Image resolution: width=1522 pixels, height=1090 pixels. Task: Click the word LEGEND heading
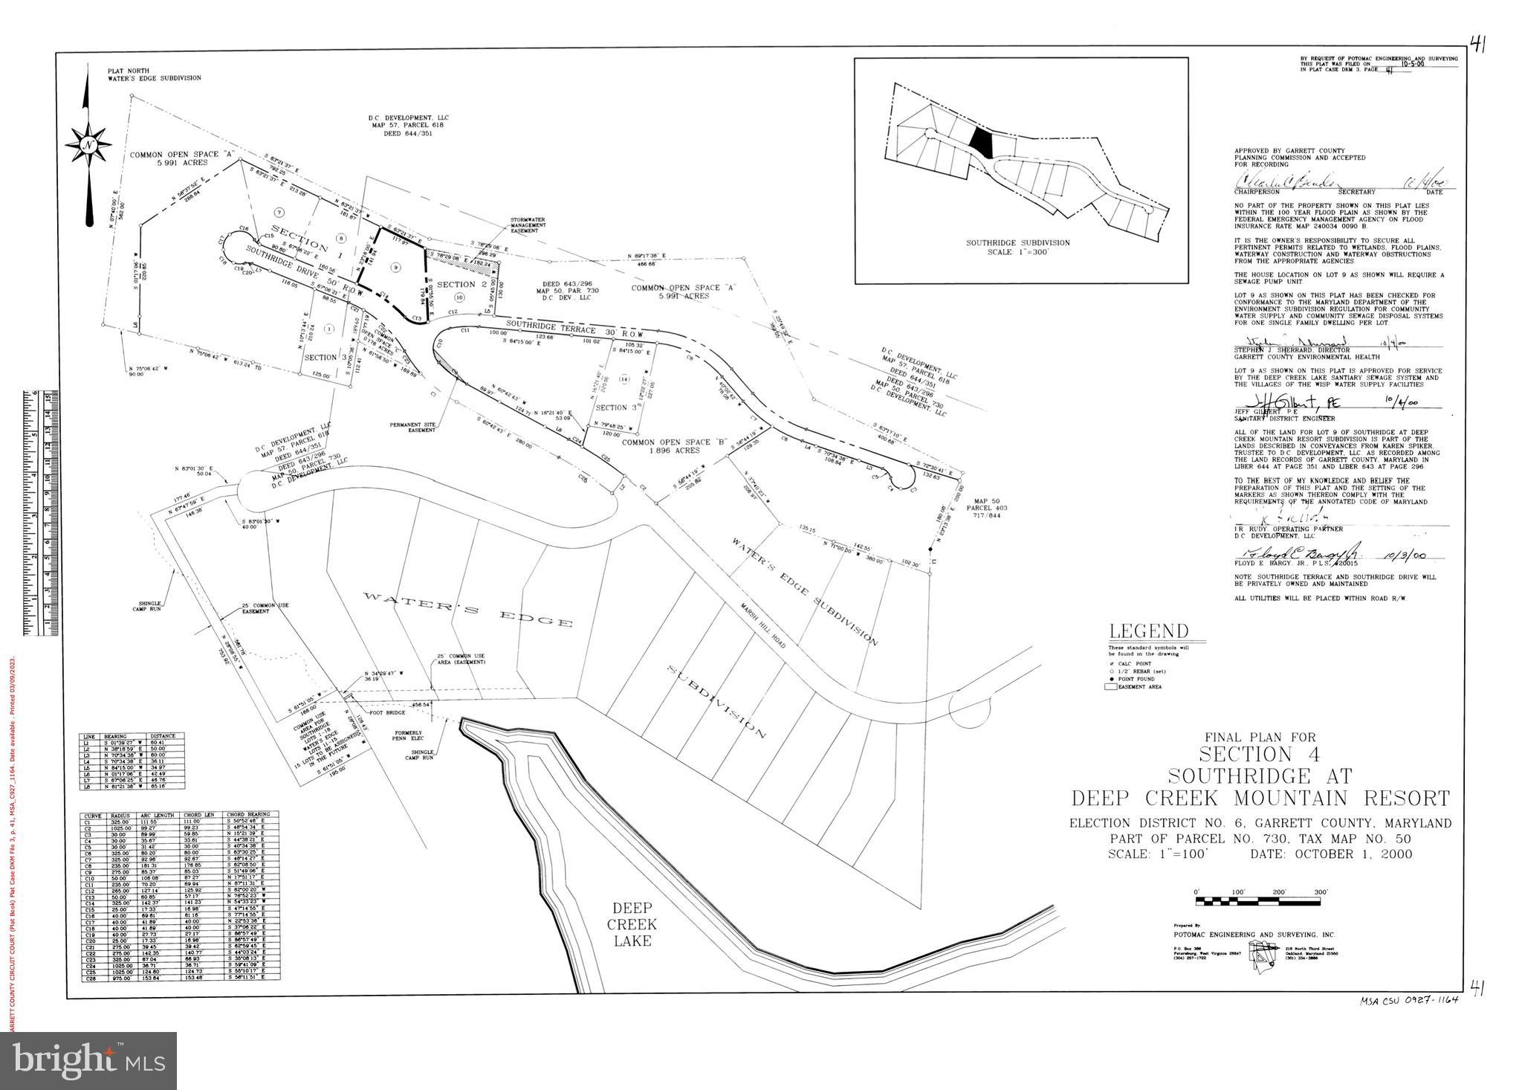pos(1148,632)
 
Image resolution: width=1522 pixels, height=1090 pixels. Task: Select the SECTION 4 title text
pos(1261,754)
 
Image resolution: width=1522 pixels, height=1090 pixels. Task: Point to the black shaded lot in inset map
pos(982,141)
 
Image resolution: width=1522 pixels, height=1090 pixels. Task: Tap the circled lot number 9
pos(396,266)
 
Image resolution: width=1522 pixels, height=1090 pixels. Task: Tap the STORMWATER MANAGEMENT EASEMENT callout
pos(528,225)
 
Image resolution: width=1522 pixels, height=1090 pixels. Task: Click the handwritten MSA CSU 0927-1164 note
pos(1409,1000)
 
